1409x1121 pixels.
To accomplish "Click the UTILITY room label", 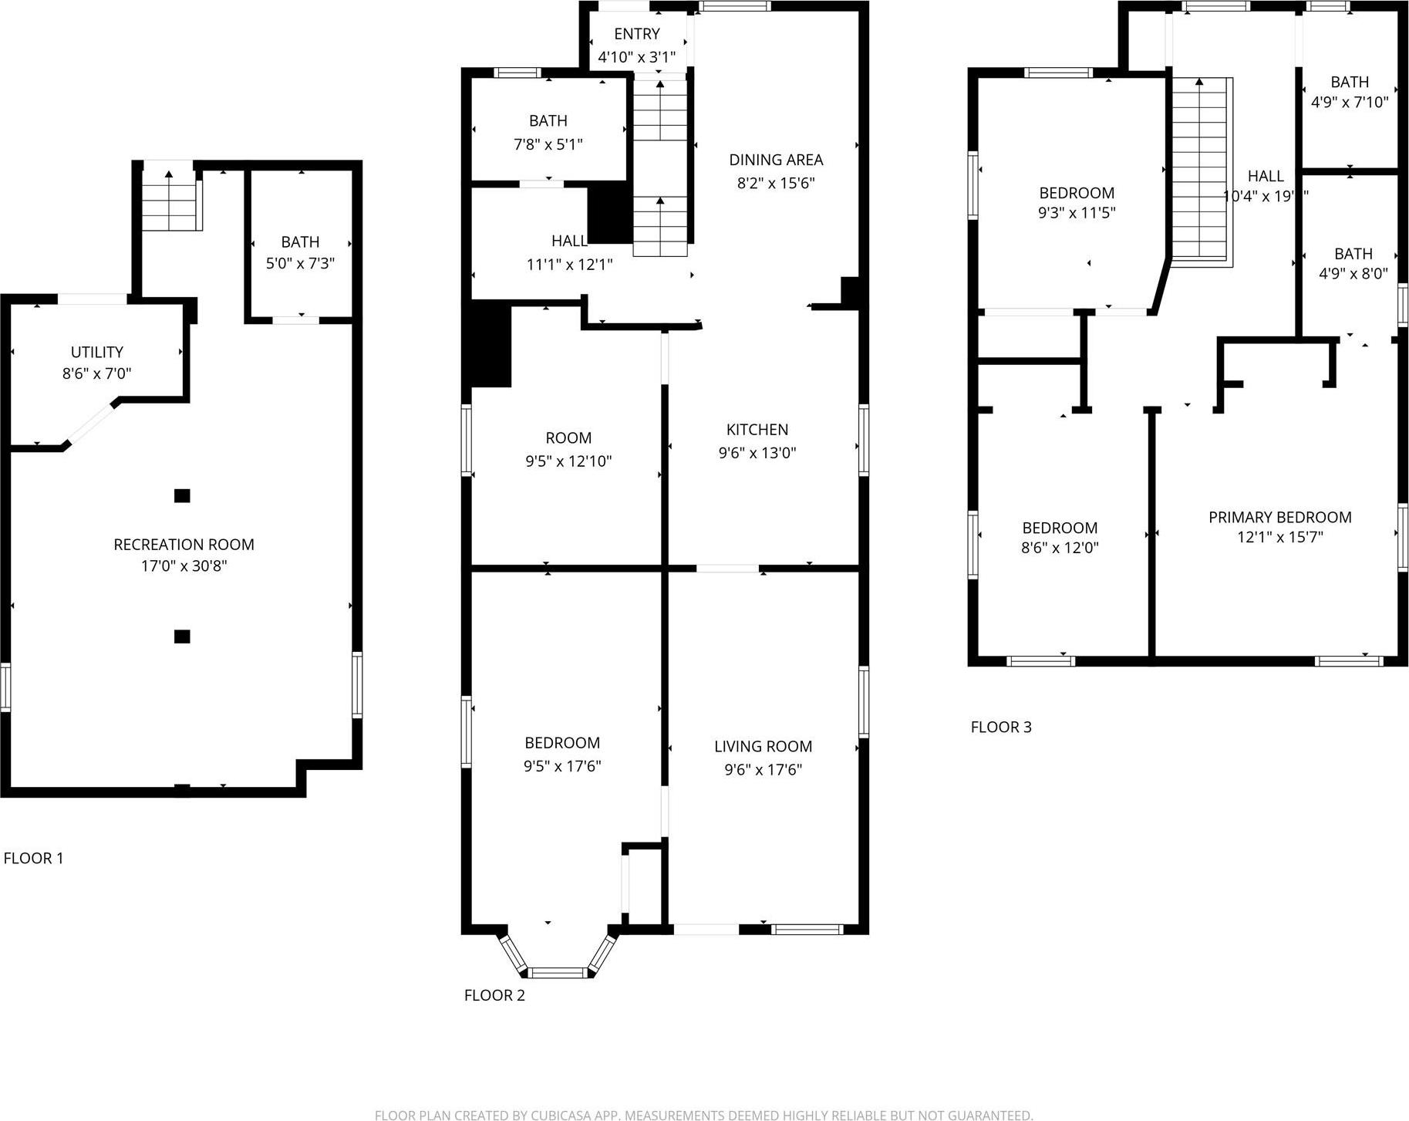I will pyautogui.click(x=97, y=352).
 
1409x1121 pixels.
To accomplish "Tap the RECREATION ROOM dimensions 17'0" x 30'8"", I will pyautogui.click(x=184, y=566).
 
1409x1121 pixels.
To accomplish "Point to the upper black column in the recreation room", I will pyautogui.click(x=182, y=496).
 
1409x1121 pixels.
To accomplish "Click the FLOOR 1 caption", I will pyautogui.click(x=33, y=858).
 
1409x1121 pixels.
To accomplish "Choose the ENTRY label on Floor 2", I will pyautogui.click(x=637, y=34).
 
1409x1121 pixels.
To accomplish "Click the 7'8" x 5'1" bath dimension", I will pyautogui.click(x=548, y=144).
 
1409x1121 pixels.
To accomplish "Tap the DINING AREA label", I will pyautogui.click(x=776, y=160).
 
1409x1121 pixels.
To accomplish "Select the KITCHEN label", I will pyautogui.click(x=757, y=430).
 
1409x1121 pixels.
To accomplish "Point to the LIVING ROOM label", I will pyautogui.click(x=763, y=746).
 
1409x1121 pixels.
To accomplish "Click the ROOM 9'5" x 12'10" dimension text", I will pyautogui.click(x=568, y=461).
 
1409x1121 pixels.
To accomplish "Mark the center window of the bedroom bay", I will pyautogui.click(x=558, y=973).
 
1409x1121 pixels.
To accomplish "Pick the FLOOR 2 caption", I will pyautogui.click(x=494, y=995).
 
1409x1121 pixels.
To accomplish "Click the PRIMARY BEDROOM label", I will pyautogui.click(x=1279, y=517).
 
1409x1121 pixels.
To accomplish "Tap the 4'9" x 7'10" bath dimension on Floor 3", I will pyautogui.click(x=1350, y=102).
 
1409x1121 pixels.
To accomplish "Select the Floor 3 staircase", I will pyautogui.click(x=1199, y=170).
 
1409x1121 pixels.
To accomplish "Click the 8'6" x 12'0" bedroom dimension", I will pyautogui.click(x=1060, y=548).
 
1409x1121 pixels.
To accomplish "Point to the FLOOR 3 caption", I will pyautogui.click(x=1000, y=727).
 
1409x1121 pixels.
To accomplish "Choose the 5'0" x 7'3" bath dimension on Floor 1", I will pyautogui.click(x=300, y=264).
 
